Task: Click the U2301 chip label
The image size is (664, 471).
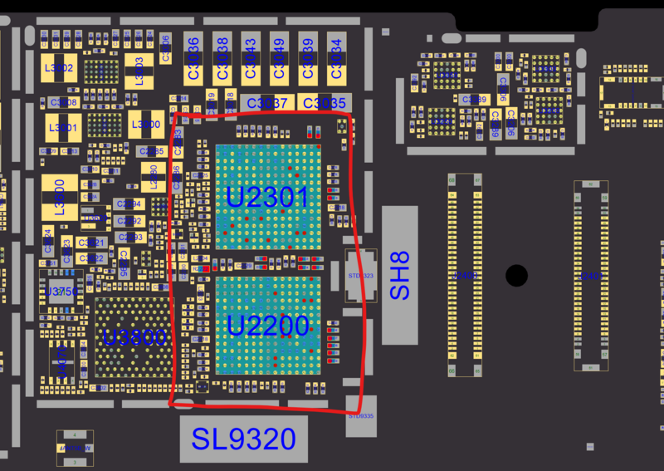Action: pyautogui.click(x=267, y=198)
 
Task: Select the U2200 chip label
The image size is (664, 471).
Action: pyautogui.click(x=267, y=326)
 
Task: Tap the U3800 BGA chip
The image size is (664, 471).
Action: pyautogui.click(x=134, y=337)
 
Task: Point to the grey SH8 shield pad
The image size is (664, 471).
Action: pyautogui.click(x=399, y=275)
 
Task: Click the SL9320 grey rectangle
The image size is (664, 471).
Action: pyautogui.click(x=243, y=439)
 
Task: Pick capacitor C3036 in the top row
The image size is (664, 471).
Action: pyautogui.click(x=193, y=57)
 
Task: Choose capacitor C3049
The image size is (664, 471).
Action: pyautogui.click(x=279, y=57)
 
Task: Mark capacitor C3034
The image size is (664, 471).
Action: pyautogui.click(x=334, y=57)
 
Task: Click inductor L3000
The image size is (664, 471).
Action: pyautogui.click(x=147, y=125)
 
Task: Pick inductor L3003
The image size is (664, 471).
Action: pyautogui.click(x=139, y=71)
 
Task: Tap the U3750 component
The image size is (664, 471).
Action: pyautogui.click(x=61, y=292)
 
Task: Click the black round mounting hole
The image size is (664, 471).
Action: pyautogui.click(x=516, y=275)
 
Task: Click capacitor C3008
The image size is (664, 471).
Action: pyautogui.click(x=63, y=102)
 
